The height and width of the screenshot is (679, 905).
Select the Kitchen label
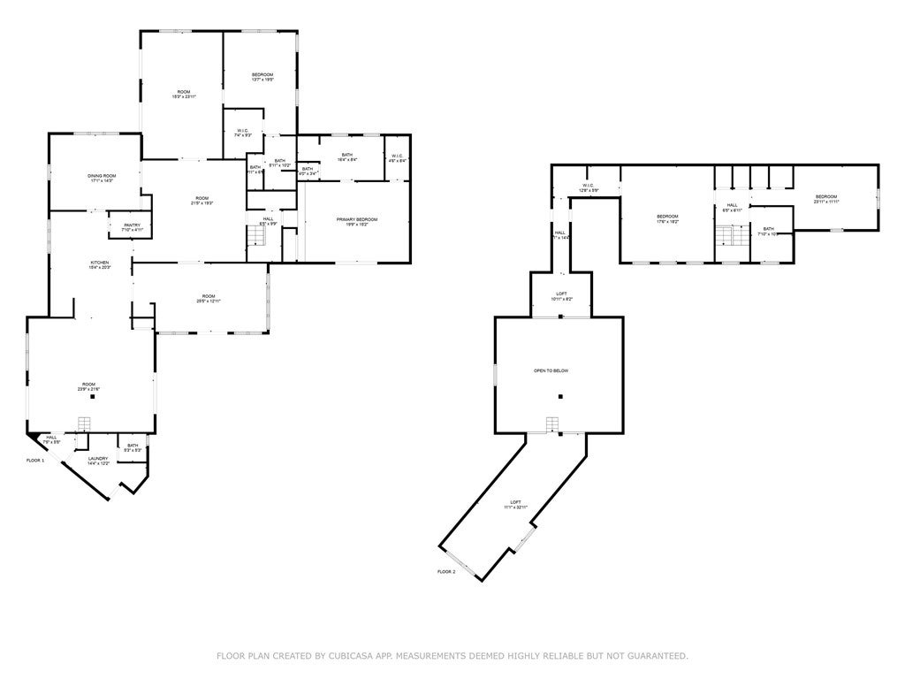(x=100, y=265)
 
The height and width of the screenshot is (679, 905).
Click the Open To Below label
(x=550, y=370)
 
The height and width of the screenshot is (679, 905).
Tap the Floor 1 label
(x=34, y=461)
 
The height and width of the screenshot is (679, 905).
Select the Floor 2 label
(x=446, y=572)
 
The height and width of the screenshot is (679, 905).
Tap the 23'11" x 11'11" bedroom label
(x=825, y=199)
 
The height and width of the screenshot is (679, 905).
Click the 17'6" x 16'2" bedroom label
(x=667, y=218)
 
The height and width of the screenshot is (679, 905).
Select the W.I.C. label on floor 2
(x=588, y=187)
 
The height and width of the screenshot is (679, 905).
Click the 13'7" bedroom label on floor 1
(x=262, y=76)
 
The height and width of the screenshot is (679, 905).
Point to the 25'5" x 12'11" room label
(x=209, y=299)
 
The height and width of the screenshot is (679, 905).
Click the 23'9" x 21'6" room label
(x=88, y=386)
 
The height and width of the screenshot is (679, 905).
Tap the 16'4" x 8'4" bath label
(x=348, y=157)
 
